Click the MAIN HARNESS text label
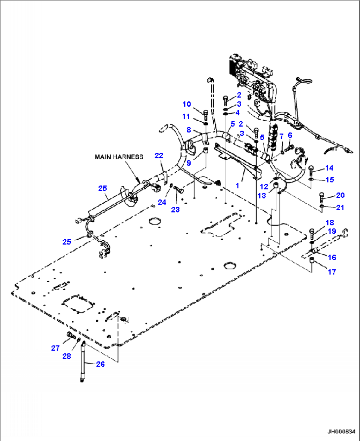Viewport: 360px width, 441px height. [119, 157]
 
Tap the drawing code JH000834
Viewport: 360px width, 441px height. [341, 431]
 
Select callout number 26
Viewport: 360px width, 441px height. [100, 364]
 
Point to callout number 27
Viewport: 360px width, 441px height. [55, 348]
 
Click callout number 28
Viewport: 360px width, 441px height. [67, 356]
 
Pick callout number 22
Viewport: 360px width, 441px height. [159, 156]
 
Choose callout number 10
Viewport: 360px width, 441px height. [187, 104]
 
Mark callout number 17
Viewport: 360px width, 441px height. [332, 272]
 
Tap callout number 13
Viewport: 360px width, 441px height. [262, 196]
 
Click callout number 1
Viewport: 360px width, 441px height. [237, 185]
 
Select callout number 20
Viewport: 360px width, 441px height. [341, 195]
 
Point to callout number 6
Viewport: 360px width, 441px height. [290, 135]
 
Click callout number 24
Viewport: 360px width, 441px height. [162, 202]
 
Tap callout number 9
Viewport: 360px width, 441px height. [189, 163]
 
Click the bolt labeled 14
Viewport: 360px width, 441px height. [311, 171]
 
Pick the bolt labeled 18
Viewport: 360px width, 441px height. [311, 234]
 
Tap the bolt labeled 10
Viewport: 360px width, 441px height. [205, 115]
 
